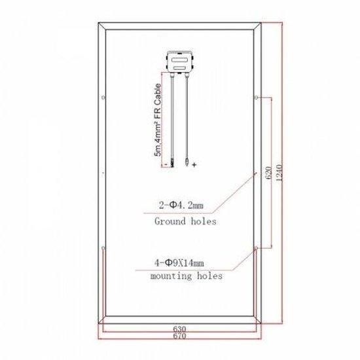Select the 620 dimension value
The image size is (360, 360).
267,173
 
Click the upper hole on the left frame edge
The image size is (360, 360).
102,99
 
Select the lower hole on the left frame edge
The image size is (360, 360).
102,248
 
